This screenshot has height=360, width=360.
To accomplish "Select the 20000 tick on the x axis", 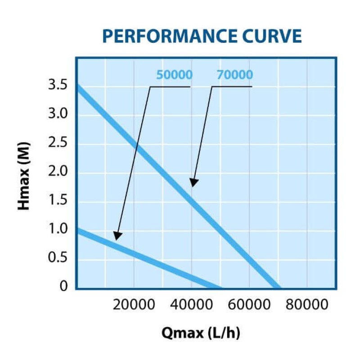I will pos(134,305).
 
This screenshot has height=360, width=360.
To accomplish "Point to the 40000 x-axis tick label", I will pos(192,305).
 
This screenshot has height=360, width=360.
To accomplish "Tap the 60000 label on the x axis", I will pos(249,305).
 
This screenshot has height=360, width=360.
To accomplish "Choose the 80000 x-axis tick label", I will pos(307,305).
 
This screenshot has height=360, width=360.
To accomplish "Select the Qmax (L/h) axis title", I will pos(201,333).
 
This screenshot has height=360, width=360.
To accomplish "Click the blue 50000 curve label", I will pos(175,75).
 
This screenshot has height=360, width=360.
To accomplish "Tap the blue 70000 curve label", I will pos(235,75).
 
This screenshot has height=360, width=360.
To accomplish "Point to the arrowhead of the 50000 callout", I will pos(117,236).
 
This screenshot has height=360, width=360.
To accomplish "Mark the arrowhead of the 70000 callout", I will pos(193,183).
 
